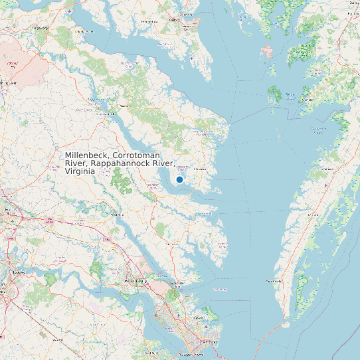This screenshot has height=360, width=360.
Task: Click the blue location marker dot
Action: tap(179, 179)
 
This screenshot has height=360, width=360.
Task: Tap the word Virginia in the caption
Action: tap(80, 171)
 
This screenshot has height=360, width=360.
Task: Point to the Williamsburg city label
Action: tap(135, 282)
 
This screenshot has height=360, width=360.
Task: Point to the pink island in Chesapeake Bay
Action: tap(268, 52)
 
